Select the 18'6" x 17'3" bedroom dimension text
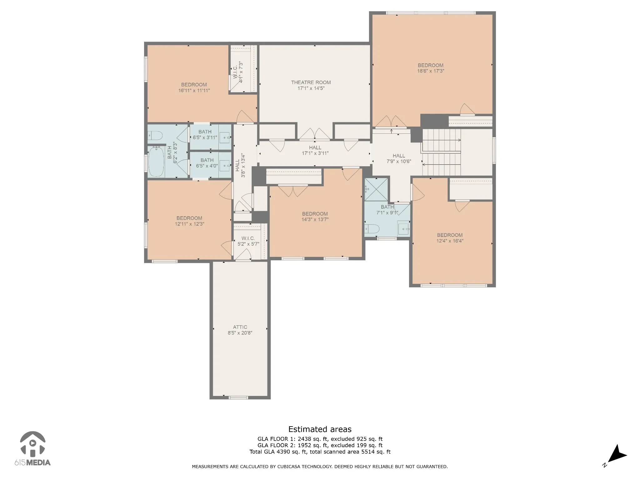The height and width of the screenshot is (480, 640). pos(431,71)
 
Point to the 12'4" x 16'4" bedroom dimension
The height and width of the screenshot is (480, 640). pos(450,241)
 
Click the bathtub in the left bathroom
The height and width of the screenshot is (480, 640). pos(156,162)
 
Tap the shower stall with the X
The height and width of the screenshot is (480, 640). pos(376,189)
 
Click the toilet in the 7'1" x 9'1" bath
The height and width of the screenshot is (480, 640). pos(372,229)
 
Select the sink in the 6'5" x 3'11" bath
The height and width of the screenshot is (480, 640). pos(226,137)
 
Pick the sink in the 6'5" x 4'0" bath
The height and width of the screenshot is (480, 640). pos(226,165)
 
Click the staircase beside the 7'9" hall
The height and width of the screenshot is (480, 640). pos(442,152)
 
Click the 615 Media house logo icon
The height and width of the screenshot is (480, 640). pos(32,443)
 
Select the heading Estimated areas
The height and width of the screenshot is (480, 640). pos(320,429)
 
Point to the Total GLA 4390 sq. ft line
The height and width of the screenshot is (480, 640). pos(320,452)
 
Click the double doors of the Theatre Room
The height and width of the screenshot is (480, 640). pos(315,134)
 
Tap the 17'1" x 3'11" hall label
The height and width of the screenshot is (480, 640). pos(315,150)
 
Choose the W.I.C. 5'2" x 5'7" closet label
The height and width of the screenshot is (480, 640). pos(248,241)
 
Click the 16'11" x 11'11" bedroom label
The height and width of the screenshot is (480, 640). pos(194,87)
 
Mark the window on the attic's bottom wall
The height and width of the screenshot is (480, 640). pos(238,397)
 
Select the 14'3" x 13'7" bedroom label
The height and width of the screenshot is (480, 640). pos(315,217)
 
